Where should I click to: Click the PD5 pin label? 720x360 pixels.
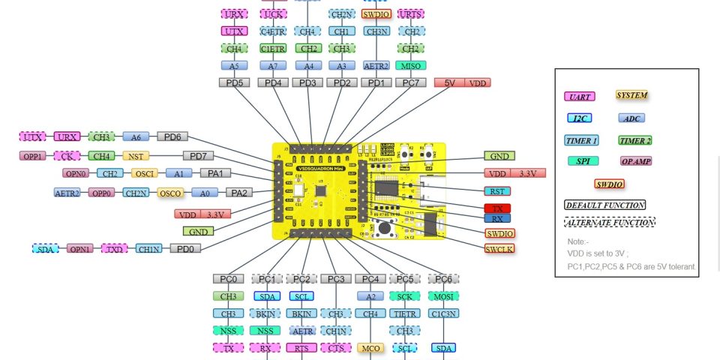pyautogui.click(x=235, y=82)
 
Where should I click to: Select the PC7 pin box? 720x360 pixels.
pyautogui.click(x=410, y=82)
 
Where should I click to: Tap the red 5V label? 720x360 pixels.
pyautogui.click(x=448, y=82)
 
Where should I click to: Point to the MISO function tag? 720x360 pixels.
pyautogui.click(x=410, y=65)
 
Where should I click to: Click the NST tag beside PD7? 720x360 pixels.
pyautogui.click(x=136, y=156)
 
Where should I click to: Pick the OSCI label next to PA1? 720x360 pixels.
pyautogui.click(x=144, y=173)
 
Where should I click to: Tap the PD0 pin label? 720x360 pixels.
pyautogui.click(x=185, y=248)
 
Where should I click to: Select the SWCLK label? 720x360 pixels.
pyautogui.click(x=499, y=248)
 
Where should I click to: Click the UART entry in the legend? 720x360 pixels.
pyautogui.click(x=580, y=96)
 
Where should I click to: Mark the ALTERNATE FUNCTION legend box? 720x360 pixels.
pyautogui.click(x=609, y=223)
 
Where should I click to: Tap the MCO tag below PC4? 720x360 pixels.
pyautogui.click(x=370, y=348)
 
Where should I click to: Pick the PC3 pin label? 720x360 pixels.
pyautogui.click(x=336, y=279)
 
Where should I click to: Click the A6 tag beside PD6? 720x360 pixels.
pyautogui.click(x=136, y=136)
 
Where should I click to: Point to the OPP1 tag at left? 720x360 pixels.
pyautogui.click(x=33, y=156)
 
